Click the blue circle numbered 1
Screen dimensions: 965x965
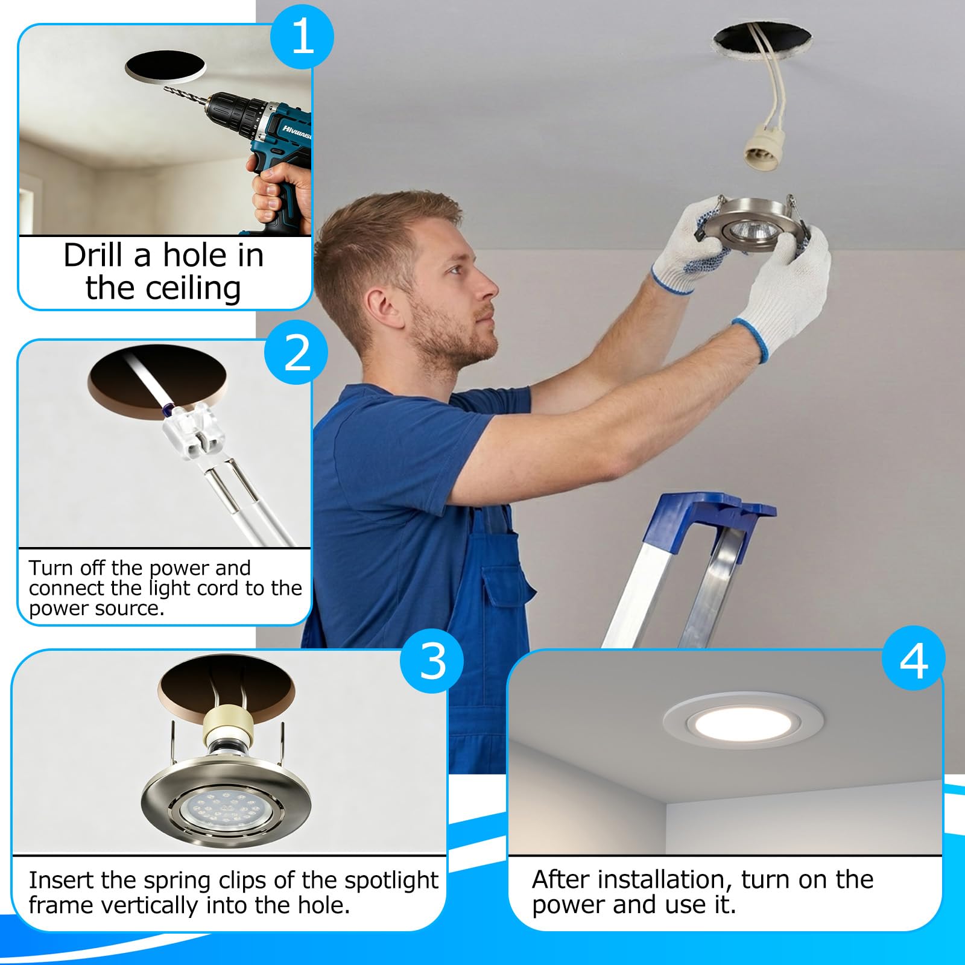pos(302,37)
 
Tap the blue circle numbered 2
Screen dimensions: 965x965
pos(297,353)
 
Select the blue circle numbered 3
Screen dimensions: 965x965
pos(432,660)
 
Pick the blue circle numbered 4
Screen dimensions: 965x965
pos(913,660)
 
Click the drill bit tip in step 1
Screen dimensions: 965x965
pos(165,87)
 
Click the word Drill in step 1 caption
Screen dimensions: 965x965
pos(94,255)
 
